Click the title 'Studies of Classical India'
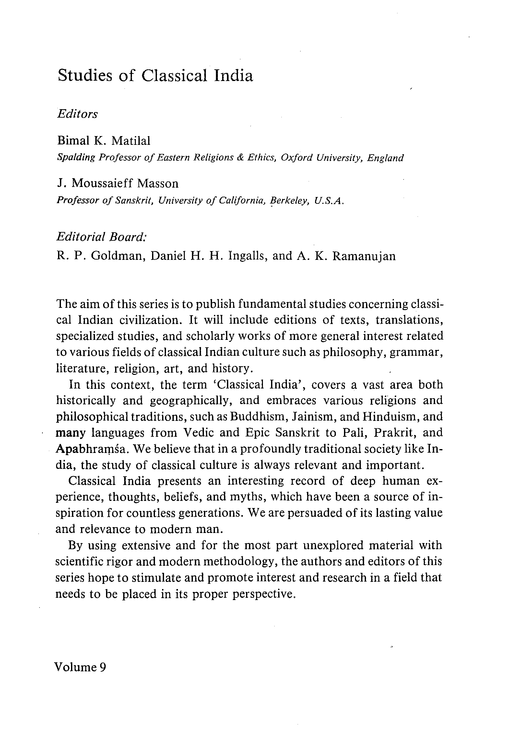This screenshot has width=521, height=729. click(155, 76)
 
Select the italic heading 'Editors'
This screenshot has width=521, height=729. click(77, 114)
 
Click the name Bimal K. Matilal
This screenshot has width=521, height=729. click(104, 141)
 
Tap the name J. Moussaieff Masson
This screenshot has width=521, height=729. click(117, 183)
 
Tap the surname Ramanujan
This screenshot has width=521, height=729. click(364, 256)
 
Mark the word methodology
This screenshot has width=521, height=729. click(240, 561)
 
